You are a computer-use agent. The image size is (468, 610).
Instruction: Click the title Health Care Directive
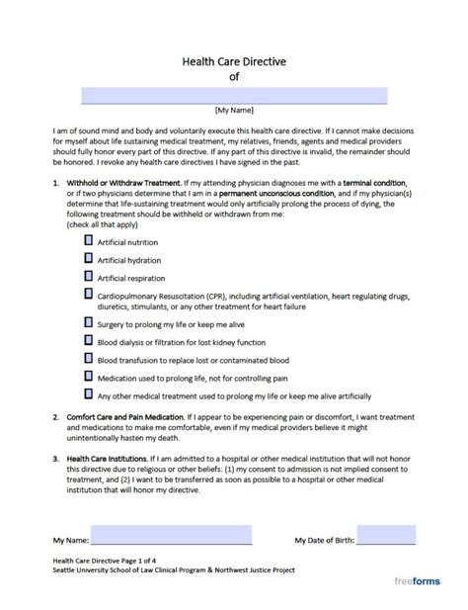233,59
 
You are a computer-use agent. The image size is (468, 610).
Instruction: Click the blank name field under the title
233,96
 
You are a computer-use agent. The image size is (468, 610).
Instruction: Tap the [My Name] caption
233,111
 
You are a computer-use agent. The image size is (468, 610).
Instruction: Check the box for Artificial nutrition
89,240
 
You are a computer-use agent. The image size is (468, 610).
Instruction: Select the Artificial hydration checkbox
89,258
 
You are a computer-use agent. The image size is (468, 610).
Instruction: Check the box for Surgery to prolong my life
89,322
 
